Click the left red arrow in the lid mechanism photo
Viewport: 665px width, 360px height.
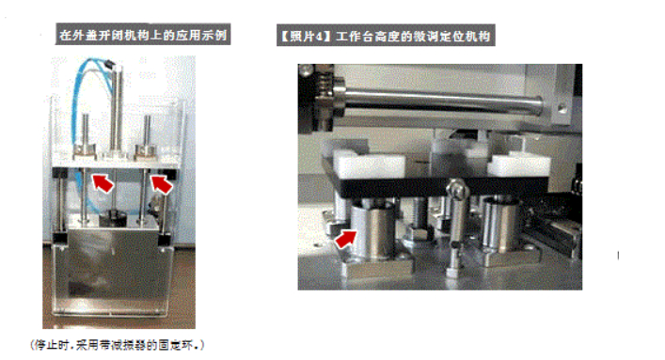103,182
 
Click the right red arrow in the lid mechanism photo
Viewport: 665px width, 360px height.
162,184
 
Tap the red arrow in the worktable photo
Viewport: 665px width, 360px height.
345,239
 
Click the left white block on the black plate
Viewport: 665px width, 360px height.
368,164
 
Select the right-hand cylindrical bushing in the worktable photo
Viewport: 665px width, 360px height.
501,224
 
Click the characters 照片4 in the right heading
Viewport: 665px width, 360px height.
307,36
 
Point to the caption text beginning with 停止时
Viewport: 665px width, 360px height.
117,345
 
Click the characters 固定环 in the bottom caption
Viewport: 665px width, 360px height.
175,345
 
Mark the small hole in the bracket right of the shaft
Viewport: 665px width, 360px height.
562,109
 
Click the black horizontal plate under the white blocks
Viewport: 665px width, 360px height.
436,185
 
